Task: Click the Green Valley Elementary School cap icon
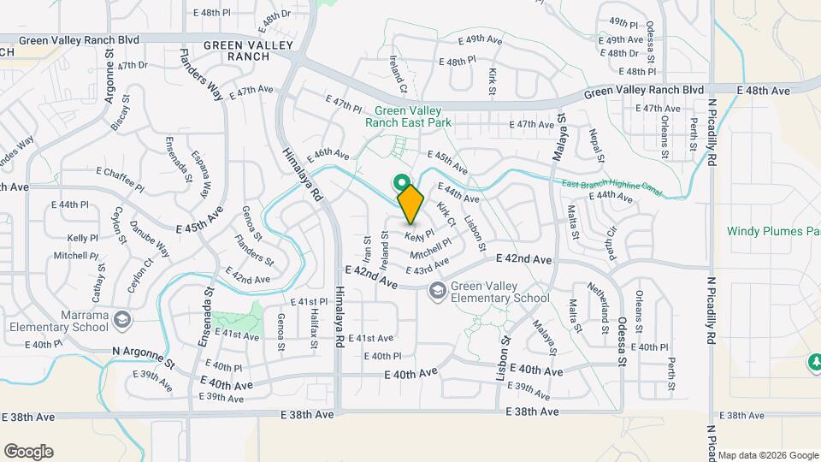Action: pos(438,292)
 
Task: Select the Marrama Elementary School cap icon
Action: pos(123,319)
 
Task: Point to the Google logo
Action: pos(28,452)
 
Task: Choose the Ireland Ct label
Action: pos(398,74)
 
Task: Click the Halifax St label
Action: pos(315,329)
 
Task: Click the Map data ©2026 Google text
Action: pos(768,455)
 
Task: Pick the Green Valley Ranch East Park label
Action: pos(408,116)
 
